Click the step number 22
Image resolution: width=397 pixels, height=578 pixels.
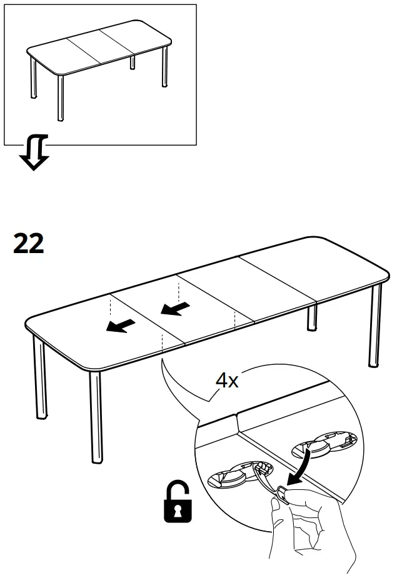click(x=29, y=243)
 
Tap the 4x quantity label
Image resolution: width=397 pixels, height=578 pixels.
click(x=227, y=381)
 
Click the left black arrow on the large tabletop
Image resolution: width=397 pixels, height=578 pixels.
click(x=120, y=325)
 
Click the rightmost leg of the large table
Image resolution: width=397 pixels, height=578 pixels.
click(x=375, y=325)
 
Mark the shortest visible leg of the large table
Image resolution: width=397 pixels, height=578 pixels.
click(x=312, y=318)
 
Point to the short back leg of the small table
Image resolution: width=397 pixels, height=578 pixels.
click(x=133, y=62)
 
